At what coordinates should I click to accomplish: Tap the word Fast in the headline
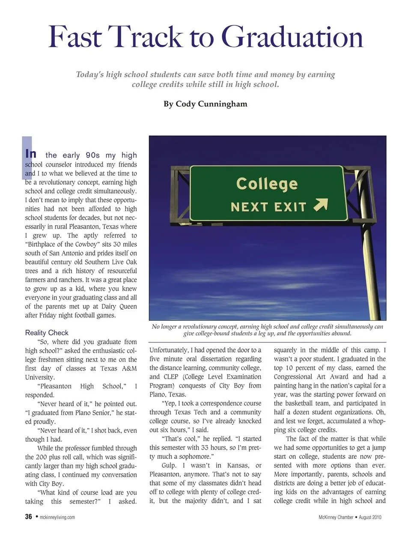tap(75, 37)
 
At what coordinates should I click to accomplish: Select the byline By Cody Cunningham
tap(205, 104)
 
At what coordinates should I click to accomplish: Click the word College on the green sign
tap(267, 184)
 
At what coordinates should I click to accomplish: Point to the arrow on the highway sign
tap(321, 205)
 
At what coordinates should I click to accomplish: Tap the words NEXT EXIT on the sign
tap(268, 207)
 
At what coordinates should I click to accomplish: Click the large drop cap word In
tap(31, 154)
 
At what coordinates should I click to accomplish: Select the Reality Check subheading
tap(47, 333)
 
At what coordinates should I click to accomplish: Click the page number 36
tap(29, 517)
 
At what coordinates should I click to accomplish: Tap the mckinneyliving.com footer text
tap(57, 517)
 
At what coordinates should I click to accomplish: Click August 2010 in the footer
tap(370, 517)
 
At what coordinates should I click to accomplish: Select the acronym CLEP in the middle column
tap(171, 377)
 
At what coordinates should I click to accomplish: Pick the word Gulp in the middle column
tap(169, 465)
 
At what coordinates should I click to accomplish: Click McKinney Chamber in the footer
tap(336, 517)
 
